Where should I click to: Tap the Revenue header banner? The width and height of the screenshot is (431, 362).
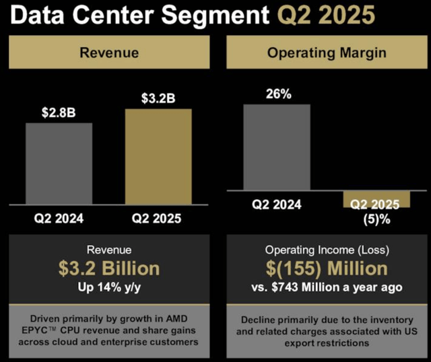point(108,53)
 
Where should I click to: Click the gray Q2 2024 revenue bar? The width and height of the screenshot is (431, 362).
point(59,166)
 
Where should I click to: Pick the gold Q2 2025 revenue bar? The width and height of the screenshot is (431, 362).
point(158,159)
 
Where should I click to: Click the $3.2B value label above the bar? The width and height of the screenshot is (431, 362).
point(158,98)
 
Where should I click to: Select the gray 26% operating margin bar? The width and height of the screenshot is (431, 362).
point(277,147)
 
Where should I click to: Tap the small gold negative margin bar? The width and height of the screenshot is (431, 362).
point(376,199)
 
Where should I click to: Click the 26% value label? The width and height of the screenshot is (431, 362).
point(277,94)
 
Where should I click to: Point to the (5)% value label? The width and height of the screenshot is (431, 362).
point(376,219)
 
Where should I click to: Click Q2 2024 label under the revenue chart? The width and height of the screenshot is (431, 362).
point(59,219)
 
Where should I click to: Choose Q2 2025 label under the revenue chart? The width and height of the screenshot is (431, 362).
point(158,219)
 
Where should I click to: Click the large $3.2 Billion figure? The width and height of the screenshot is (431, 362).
point(108,268)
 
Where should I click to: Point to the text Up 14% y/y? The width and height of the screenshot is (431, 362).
point(108,288)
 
